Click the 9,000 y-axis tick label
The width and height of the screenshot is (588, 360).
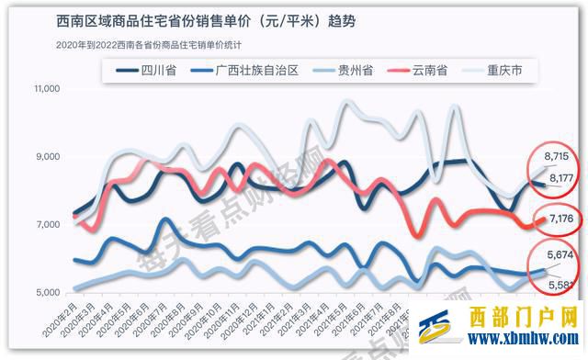(47, 157)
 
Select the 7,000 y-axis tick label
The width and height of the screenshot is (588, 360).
(47, 225)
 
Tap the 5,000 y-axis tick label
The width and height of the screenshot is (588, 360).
(47, 293)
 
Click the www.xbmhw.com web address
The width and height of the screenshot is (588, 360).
(517, 338)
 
